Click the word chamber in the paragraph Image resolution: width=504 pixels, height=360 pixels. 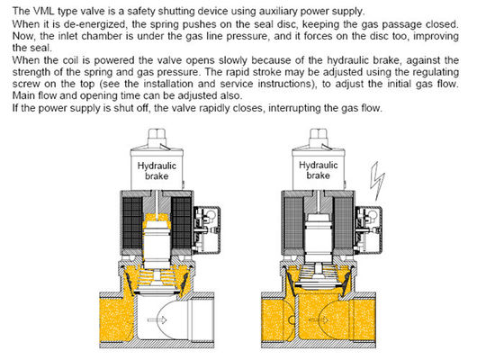tap(117, 33)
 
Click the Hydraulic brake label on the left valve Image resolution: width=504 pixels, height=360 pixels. tap(158, 171)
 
